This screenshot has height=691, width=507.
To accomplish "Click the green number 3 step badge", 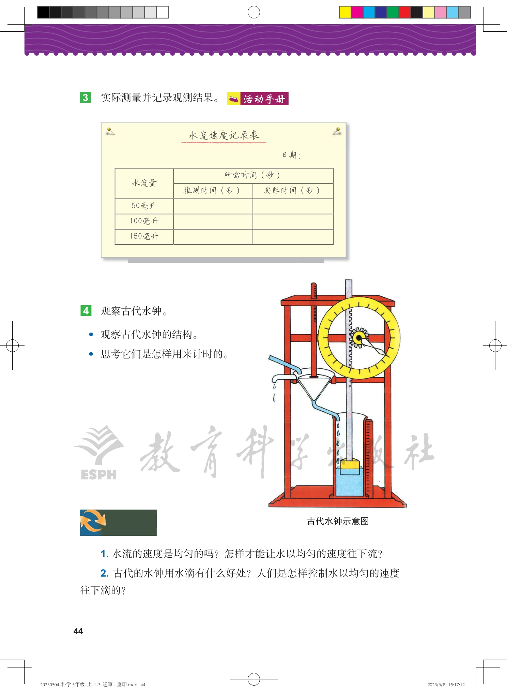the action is tap(86, 98).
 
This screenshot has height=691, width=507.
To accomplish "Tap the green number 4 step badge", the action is tap(86, 311).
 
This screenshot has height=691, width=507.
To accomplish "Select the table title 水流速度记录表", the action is tap(224, 135).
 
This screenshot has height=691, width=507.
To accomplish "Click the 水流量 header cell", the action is tap(144, 183).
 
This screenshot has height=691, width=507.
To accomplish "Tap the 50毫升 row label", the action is tap(144, 206).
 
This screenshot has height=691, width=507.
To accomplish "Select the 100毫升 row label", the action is tap(144, 221).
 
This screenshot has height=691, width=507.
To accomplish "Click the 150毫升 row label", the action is tap(144, 236).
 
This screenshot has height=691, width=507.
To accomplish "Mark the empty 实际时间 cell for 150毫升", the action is tap(293, 237).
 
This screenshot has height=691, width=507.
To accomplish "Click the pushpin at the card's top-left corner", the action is tap(110, 131).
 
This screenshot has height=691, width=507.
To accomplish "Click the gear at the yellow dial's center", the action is tap(359, 338).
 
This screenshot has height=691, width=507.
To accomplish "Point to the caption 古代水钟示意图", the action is tap(338, 521).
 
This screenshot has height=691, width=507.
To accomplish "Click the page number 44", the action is tap(78, 631).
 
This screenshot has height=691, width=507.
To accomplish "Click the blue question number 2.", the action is tap(105, 573).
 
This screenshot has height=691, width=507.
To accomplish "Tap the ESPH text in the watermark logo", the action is tap(99, 474).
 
